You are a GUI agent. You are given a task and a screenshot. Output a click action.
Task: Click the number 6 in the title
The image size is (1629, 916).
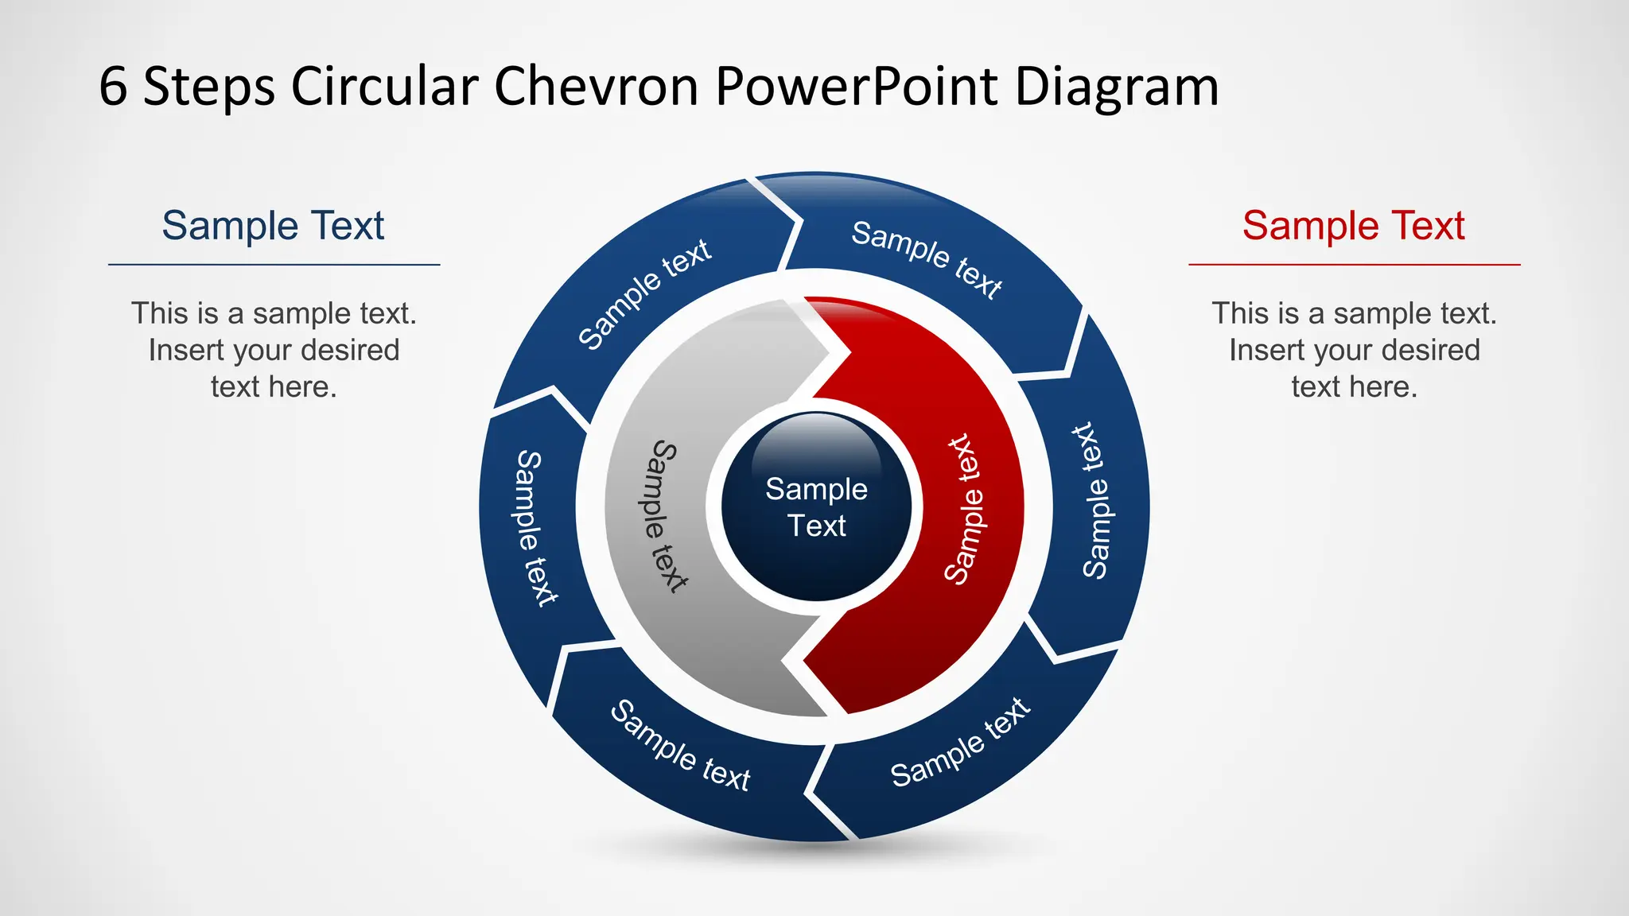(113, 87)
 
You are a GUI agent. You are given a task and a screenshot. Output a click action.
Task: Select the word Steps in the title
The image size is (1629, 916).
(209, 87)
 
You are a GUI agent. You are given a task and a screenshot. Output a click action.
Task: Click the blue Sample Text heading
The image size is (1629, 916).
(273, 226)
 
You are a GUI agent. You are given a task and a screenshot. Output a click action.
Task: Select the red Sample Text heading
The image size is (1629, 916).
(1353, 226)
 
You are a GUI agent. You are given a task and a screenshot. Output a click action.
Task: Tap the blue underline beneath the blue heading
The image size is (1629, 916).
(274, 265)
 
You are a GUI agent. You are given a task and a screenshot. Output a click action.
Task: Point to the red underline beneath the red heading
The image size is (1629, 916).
(1354, 265)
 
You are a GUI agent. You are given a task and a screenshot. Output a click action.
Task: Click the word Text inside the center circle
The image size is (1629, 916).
(817, 526)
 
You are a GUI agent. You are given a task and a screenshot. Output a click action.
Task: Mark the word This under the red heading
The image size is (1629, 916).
(1238, 314)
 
